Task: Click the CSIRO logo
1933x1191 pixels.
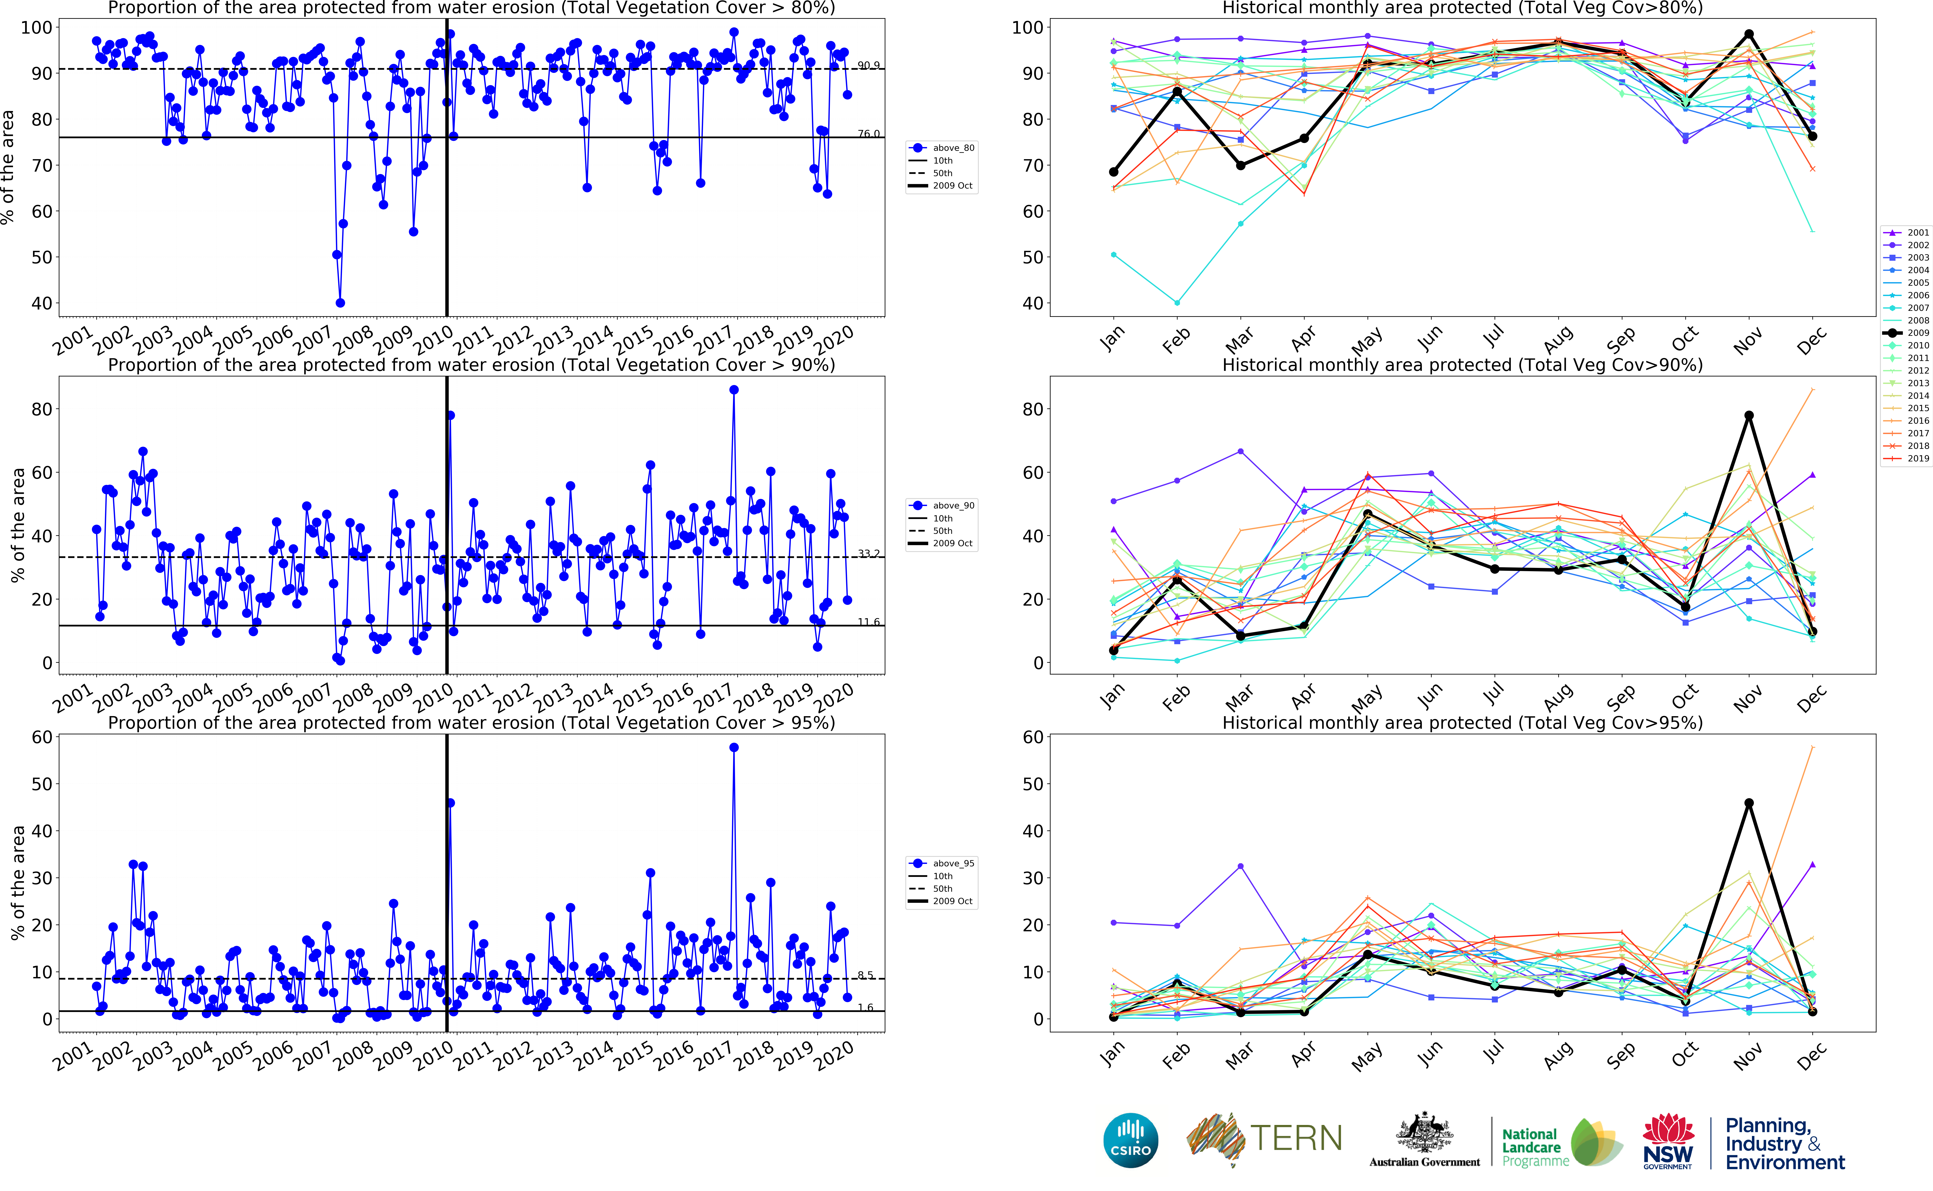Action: (x=1131, y=1140)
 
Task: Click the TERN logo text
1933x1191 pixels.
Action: (x=1296, y=1138)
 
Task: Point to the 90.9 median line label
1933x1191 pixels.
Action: (x=868, y=65)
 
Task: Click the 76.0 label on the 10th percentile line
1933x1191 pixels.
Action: (x=868, y=134)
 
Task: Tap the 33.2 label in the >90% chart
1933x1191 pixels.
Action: (x=868, y=554)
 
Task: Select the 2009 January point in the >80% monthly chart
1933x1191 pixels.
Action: (x=1113, y=172)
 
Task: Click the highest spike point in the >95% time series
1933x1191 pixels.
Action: (x=734, y=748)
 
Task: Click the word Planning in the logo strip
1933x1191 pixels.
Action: (x=1768, y=1126)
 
